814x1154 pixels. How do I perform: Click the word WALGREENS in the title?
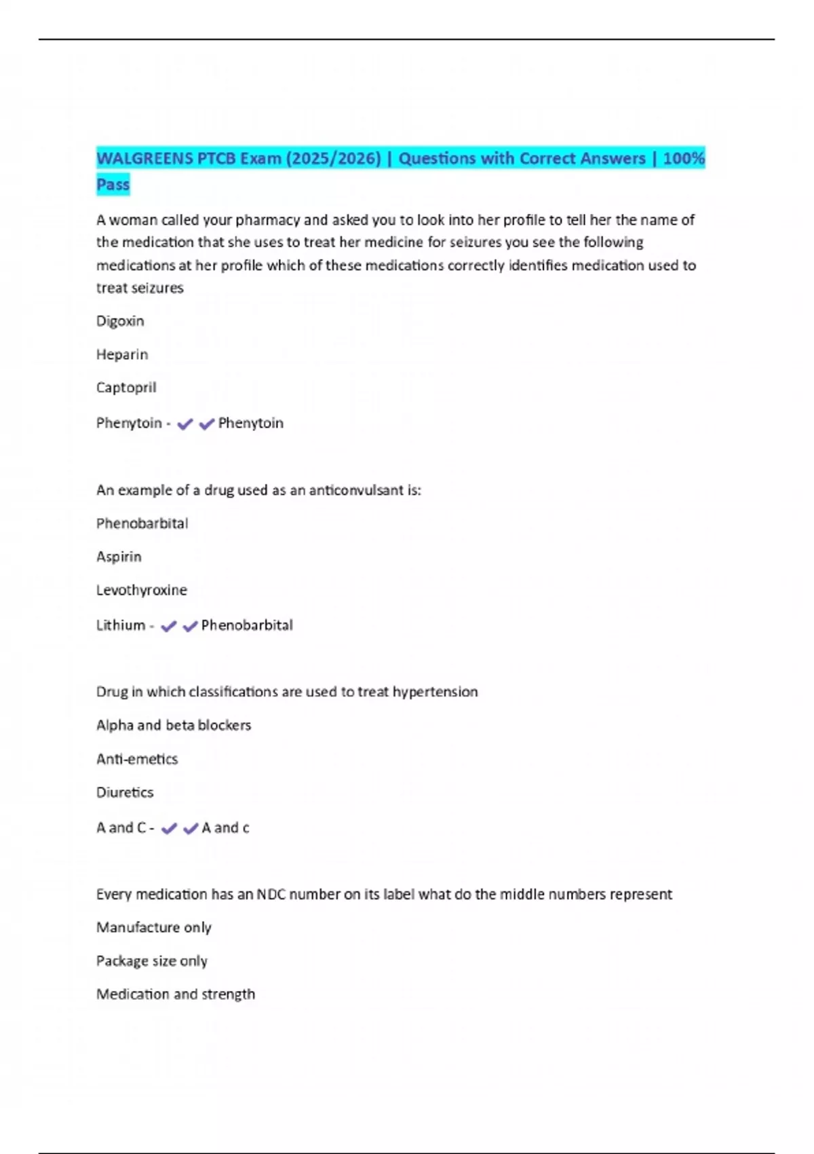pyautogui.click(x=145, y=159)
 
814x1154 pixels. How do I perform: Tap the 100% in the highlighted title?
pyautogui.click(x=684, y=159)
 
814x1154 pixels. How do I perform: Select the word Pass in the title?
pyautogui.click(x=113, y=185)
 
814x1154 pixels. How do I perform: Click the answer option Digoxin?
pyautogui.click(x=120, y=321)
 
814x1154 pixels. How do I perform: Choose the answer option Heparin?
pyautogui.click(x=122, y=354)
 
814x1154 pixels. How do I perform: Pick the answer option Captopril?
pyautogui.click(x=126, y=388)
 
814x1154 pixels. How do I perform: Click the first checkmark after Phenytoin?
pyautogui.click(x=185, y=424)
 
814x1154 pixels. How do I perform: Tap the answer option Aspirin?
pyautogui.click(x=119, y=557)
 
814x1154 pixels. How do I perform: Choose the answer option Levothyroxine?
pyautogui.click(x=141, y=590)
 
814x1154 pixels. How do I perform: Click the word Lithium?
pyautogui.click(x=121, y=625)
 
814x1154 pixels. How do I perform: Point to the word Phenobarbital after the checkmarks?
pyautogui.click(x=247, y=625)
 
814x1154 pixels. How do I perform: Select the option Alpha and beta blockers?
pyautogui.click(x=174, y=725)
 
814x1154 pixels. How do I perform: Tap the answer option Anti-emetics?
pyautogui.click(x=137, y=759)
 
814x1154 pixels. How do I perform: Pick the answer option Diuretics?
pyautogui.click(x=125, y=792)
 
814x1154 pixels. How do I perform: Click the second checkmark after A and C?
pyautogui.click(x=191, y=829)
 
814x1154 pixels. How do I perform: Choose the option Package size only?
pyautogui.click(x=152, y=961)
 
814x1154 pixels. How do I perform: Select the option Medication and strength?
pyautogui.click(x=176, y=994)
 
